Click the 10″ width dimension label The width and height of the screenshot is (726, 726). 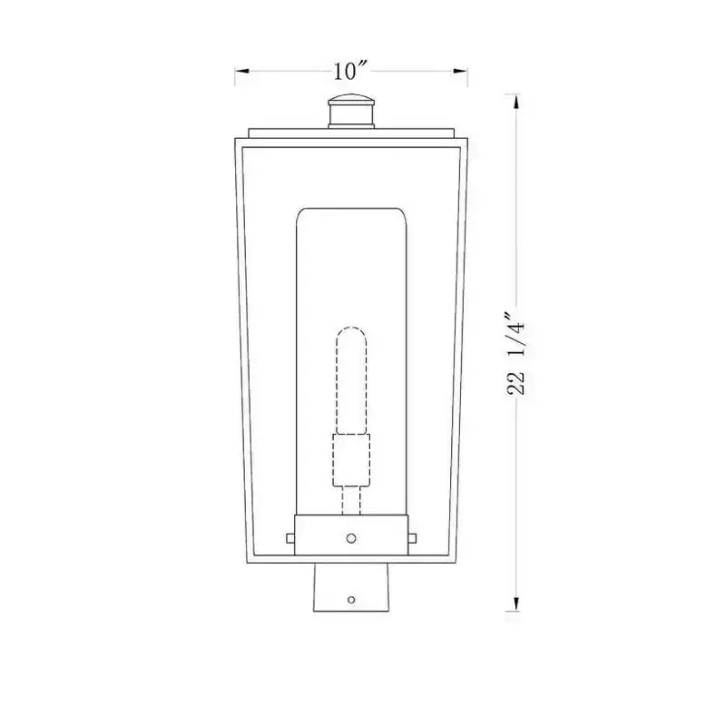click(x=350, y=71)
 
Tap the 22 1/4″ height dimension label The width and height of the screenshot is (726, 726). click(x=515, y=354)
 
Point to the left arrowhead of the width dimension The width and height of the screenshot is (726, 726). click(x=242, y=71)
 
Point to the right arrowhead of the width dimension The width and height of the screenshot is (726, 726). click(x=460, y=71)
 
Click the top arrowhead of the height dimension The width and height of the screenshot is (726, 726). click(x=516, y=102)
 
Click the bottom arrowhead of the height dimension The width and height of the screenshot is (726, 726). click(x=516, y=603)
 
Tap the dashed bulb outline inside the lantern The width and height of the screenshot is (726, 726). click(x=351, y=380)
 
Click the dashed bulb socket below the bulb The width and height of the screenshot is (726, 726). click(x=351, y=460)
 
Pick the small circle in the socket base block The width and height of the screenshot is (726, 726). click(x=351, y=538)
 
